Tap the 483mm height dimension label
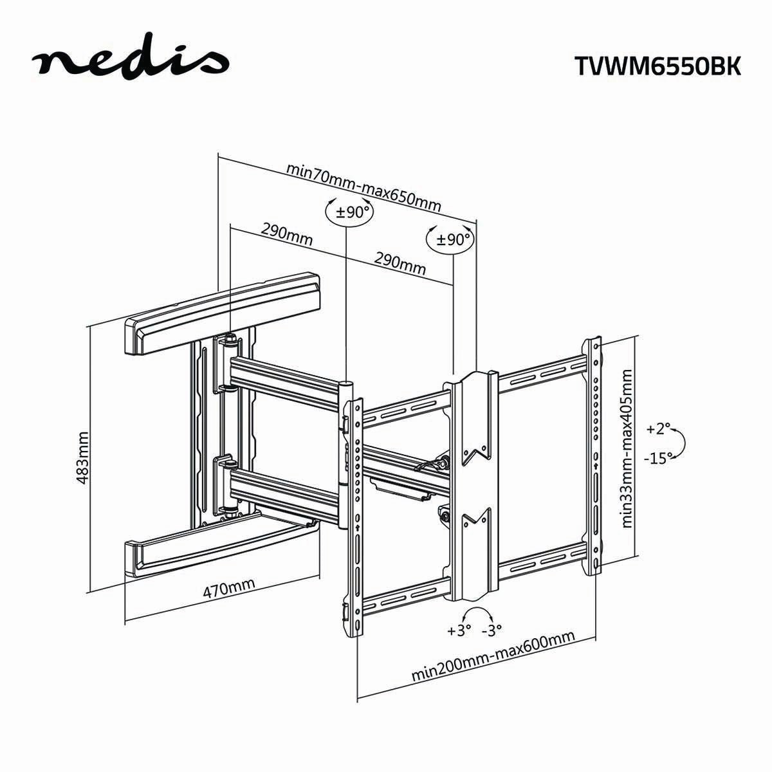click(82, 459)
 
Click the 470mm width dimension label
click(229, 588)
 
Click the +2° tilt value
click(658, 428)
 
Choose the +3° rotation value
click(459, 630)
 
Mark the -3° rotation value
click(492, 630)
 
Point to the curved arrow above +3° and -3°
click(476, 612)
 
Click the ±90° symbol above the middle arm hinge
click(349, 212)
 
